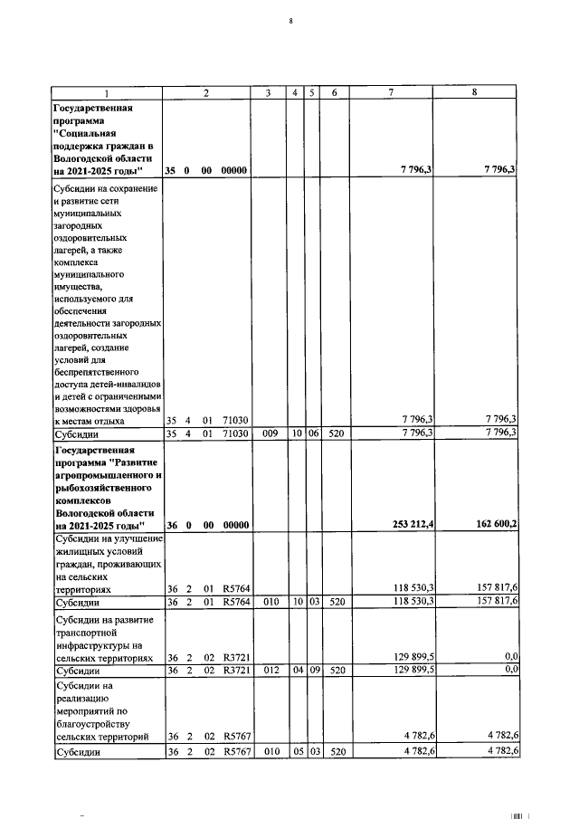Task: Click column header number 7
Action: [x=391, y=92]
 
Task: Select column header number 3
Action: [x=269, y=92]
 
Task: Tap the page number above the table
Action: [x=290, y=19]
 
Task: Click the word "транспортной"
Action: [x=84, y=633]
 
